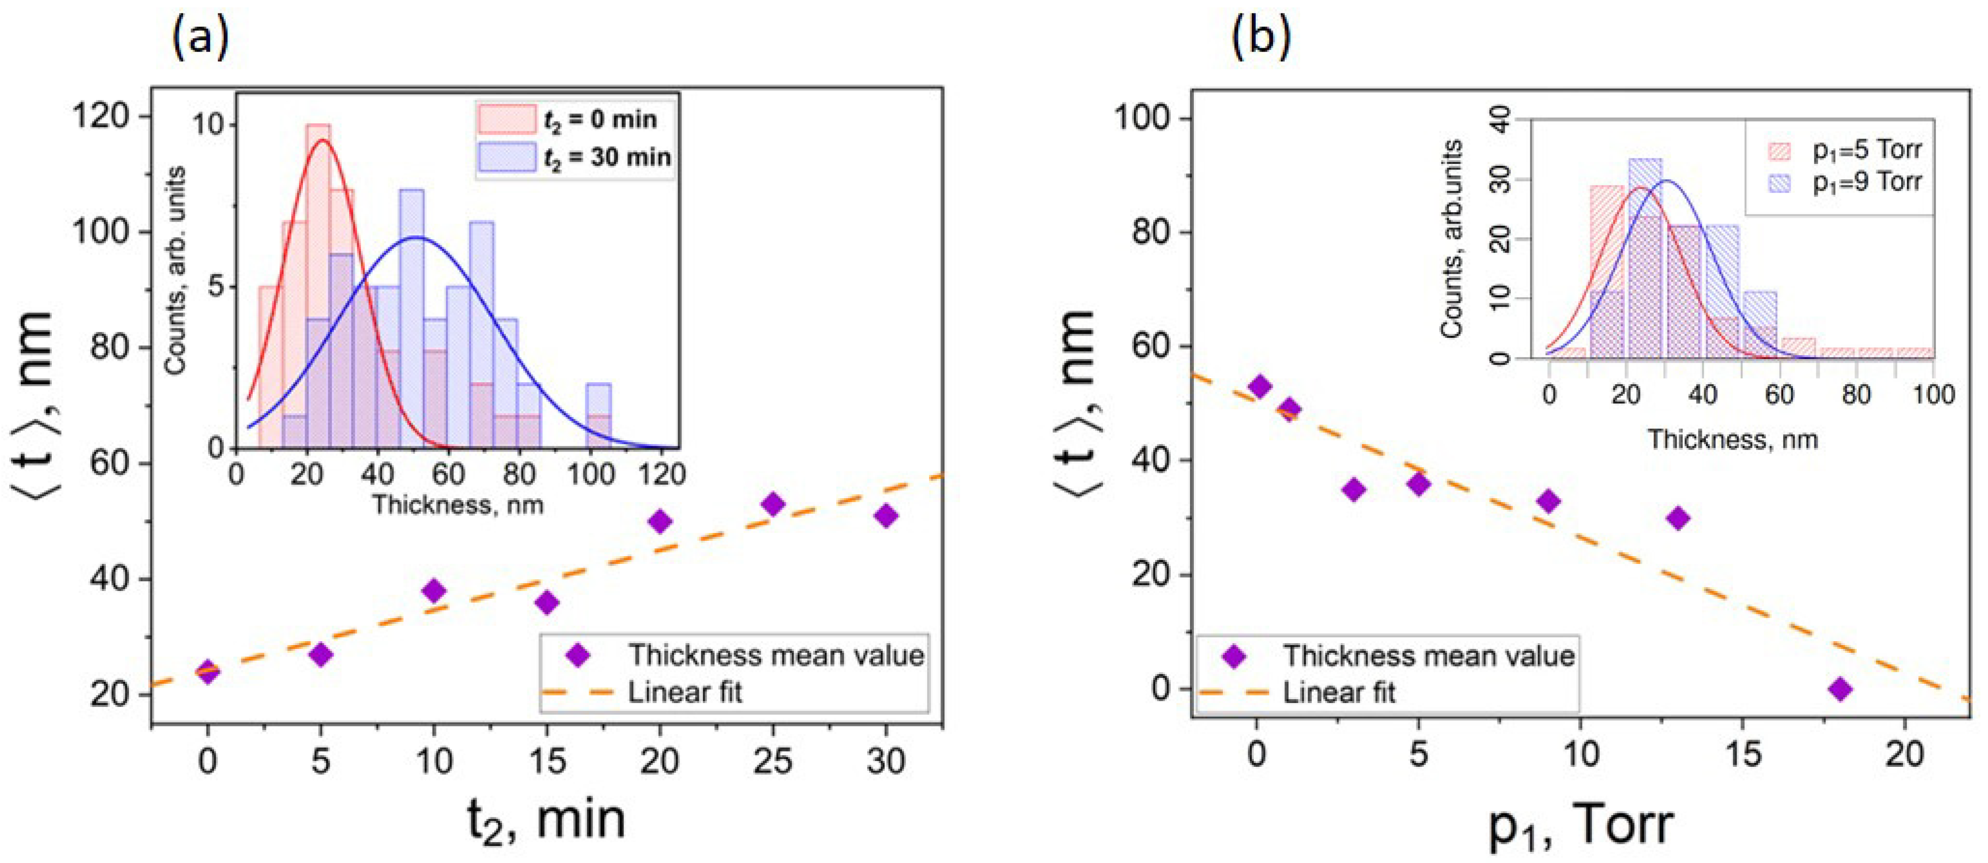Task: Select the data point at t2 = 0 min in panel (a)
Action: click(x=208, y=672)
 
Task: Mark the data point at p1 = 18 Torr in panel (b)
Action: click(x=1841, y=689)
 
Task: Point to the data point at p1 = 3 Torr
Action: click(x=1354, y=490)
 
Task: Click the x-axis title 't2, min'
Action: click(x=546, y=820)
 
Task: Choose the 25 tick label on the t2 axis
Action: click(x=772, y=761)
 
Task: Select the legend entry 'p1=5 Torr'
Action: click(x=1866, y=150)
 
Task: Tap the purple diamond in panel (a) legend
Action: click(x=578, y=656)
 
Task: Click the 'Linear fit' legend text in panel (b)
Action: click(x=1339, y=692)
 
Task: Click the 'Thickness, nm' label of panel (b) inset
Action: click(x=1733, y=440)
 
